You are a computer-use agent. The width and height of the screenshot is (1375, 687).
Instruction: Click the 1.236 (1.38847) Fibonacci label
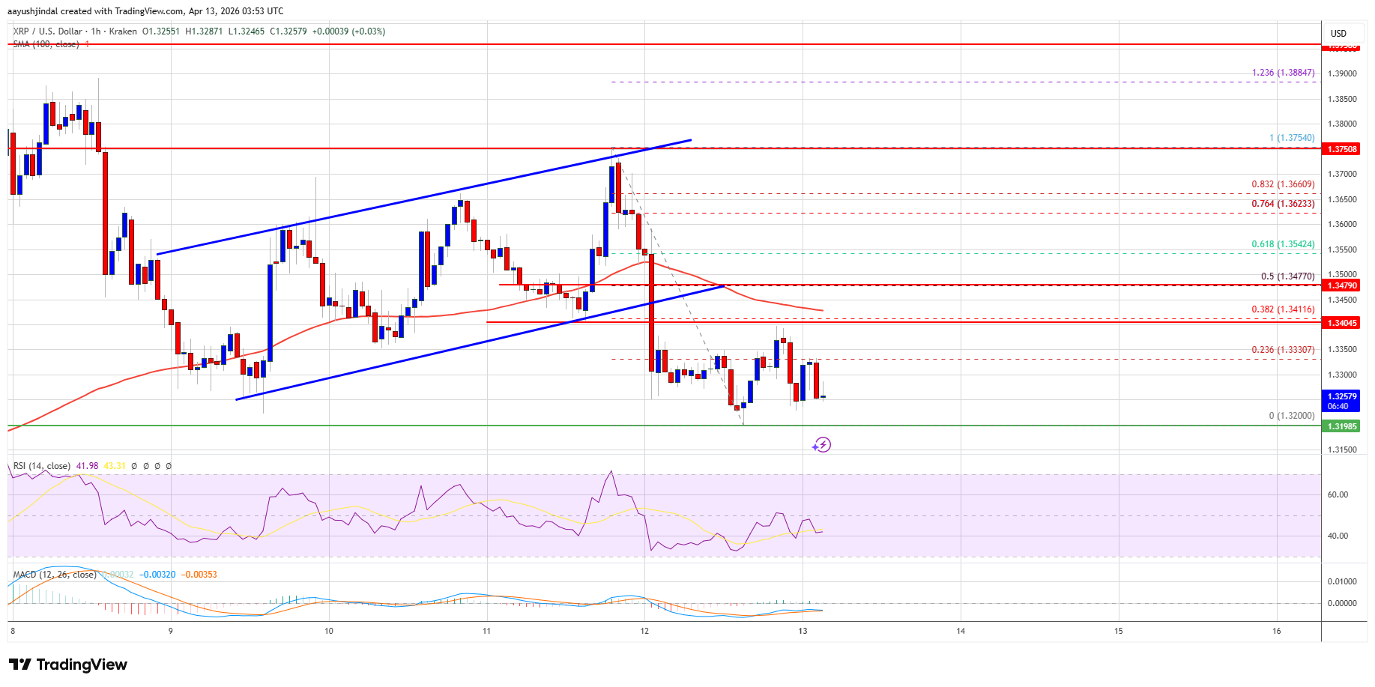click(1283, 73)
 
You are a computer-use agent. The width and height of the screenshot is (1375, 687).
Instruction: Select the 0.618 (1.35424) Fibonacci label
click(1283, 244)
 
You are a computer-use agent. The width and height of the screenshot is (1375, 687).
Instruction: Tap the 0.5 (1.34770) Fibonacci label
click(1287, 276)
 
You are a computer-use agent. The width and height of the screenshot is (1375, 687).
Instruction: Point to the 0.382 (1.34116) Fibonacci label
click(1283, 309)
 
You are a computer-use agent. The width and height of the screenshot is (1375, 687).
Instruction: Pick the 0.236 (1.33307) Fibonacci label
click(1283, 350)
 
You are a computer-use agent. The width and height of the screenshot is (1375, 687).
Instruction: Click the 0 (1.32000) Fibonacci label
click(1291, 416)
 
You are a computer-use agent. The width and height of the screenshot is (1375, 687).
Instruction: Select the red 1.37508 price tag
click(1342, 149)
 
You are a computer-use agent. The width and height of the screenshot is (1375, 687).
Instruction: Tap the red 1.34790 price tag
click(1342, 285)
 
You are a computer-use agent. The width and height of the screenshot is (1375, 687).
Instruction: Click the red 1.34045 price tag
click(1342, 323)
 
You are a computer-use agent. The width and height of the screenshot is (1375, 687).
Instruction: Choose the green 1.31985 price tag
click(1342, 426)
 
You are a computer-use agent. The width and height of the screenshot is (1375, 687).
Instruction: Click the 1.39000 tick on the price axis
click(1341, 73)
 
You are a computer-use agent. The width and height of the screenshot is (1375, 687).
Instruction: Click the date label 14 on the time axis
click(961, 631)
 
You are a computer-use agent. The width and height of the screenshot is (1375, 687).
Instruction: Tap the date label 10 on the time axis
click(329, 631)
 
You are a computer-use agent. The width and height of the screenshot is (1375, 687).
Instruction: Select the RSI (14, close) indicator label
click(42, 466)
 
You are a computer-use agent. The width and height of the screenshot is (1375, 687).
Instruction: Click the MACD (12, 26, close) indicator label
click(55, 575)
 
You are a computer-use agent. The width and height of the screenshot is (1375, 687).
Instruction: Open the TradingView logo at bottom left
click(68, 665)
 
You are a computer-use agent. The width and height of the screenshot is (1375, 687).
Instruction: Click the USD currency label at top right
click(1338, 33)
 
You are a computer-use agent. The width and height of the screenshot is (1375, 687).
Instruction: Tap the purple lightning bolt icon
click(822, 445)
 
